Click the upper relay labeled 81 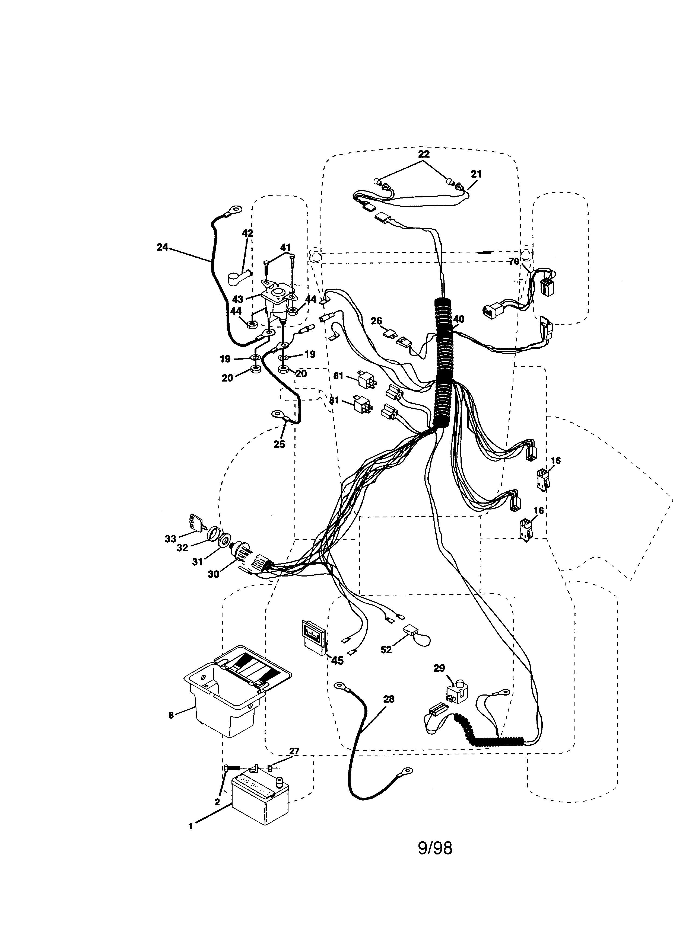(x=367, y=381)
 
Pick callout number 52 (x=386, y=650)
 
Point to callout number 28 (x=388, y=699)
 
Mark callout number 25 (x=279, y=444)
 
